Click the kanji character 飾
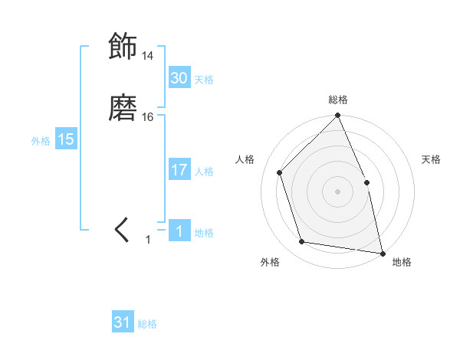click(x=123, y=47)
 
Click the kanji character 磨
click(x=123, y=108)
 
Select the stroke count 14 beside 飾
click(x=148, y=56)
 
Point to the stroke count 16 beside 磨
click(x=148, y=117)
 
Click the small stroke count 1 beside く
click(x=149, y=240)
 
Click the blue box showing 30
click(x=179, y=78)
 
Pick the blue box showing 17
click(x=179, y=170)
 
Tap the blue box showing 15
click(x=66, y=139)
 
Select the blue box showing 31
click(x=123, y=323)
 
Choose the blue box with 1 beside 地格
click(x=179, y=231)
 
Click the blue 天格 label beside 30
click(x=204, y=80)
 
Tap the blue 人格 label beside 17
click(x=204, y=172)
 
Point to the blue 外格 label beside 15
click(x=41, y=141)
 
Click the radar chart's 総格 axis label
click(x=338, y=100)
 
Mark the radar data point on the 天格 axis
click(x=366, y=182)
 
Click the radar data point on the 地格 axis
click(x=383, y=253)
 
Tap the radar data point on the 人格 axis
click(x=280, y=172)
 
